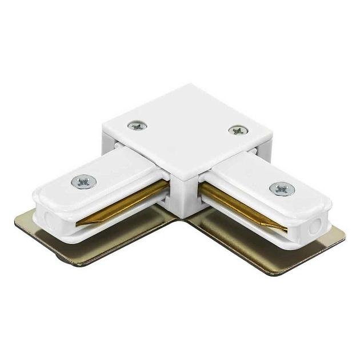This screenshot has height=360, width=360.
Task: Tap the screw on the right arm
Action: click(x=281, y=188)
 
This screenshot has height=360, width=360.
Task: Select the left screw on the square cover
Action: click(x=136, y=126)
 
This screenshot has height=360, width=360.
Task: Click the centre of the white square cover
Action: click(x=186, y=131)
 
